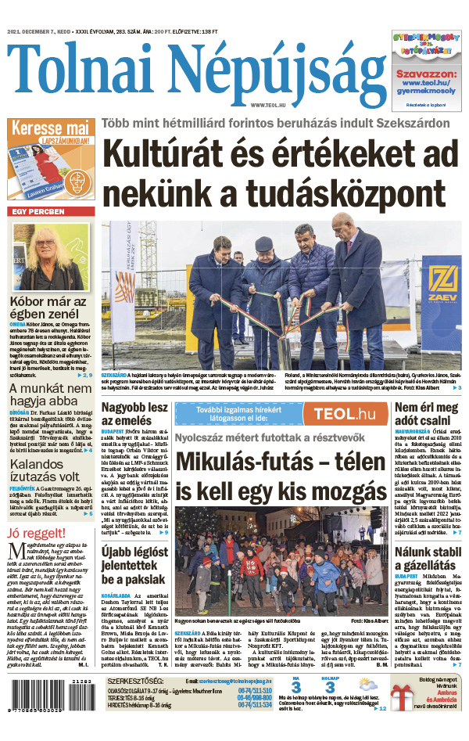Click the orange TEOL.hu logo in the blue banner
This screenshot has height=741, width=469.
pos(338,414)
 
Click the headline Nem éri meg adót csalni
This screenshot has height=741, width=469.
pos(426,415)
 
